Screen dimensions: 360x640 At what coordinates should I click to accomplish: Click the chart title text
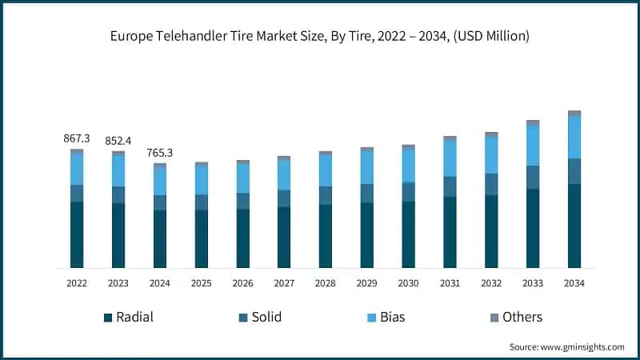[x=320, y=36]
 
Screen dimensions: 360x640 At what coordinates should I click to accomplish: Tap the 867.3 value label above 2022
[x=77, y=138]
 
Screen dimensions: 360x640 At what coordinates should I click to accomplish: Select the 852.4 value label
[x=118, y=141]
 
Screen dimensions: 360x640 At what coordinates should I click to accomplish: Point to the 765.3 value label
[x=160, y=153]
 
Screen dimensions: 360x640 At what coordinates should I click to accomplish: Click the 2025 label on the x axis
[x=201, y=283]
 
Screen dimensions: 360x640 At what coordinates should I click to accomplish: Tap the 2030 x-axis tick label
[x=408, y=283]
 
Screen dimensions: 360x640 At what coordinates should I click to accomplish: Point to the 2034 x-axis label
[x=574, y=283]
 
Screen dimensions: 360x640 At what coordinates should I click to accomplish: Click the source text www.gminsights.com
[x=566, y=346]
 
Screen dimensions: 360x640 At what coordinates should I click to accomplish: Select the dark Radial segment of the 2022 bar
[x=77, y=234]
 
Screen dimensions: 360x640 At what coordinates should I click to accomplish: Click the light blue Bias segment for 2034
[x=574, y=137]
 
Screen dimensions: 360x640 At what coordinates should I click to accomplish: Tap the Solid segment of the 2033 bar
[x=533, y=177]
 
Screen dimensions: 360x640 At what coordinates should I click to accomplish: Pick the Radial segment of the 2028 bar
[x=326, y=236]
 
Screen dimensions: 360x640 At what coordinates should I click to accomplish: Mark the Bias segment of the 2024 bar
[x=160, y=181]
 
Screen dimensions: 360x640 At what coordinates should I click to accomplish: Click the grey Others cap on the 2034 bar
[x=574, y=114]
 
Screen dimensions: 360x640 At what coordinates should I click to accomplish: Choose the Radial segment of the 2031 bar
[x=450, y=232]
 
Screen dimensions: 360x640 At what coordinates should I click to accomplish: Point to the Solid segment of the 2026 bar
[x=242, y=201]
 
